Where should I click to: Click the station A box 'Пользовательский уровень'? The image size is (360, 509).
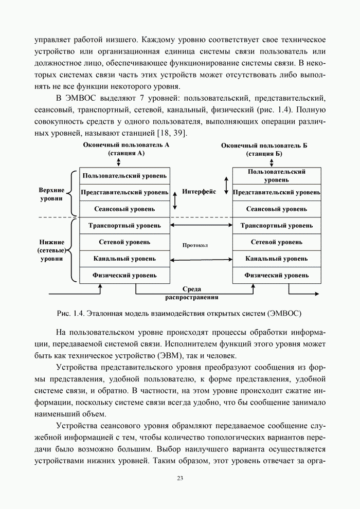[x=124, y=176]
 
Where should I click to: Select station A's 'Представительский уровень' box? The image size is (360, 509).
[x=124, y=192]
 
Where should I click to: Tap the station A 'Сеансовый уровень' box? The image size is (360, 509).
[x=124, y=209]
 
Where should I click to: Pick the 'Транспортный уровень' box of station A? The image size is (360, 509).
[x=124, y=226]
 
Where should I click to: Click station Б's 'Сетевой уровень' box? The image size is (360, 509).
[x=277, y=242]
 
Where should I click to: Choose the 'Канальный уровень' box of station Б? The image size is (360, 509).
[x=277, y=259]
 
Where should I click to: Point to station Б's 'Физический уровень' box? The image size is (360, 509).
[x=277, y=275]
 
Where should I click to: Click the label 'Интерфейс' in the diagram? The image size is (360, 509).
[x=199, y=192]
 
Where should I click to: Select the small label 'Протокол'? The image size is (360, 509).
[x=195, y=245]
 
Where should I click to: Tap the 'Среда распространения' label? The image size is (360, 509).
[x=192, y=294]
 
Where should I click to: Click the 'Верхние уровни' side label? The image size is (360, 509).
[x=51, y=194]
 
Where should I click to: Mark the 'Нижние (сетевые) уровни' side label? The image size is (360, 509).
[x=51, y=250]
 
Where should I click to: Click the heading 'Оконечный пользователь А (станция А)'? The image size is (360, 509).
[x=126, y=149]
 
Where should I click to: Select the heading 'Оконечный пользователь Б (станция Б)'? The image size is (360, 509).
[x=264, y=150]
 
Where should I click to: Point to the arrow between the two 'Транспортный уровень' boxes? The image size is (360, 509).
[x=201, y=226]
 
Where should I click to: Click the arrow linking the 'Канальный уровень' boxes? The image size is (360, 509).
[x=201, y=259]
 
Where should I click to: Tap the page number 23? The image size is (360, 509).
[x=180, y=479]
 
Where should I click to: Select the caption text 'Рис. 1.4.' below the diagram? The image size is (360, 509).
[x=71, y=313]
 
